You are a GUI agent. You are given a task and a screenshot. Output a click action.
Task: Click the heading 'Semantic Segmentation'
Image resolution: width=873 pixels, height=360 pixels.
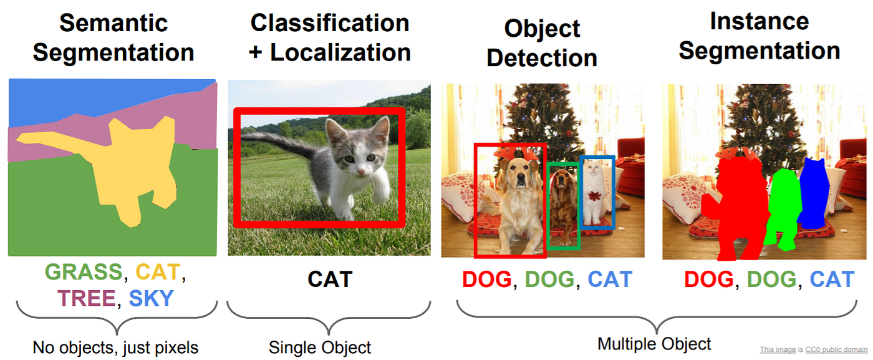pos(113,37)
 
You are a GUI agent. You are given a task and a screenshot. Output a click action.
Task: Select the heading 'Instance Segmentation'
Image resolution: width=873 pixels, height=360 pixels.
pos(759,36)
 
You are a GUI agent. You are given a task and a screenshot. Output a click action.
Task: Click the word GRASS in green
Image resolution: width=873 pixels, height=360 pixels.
pos(84,273)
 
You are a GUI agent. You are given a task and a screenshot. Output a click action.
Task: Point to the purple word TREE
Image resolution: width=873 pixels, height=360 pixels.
pos(87,299)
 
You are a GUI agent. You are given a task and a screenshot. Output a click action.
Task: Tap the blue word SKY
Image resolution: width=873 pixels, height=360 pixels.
pos(151,299)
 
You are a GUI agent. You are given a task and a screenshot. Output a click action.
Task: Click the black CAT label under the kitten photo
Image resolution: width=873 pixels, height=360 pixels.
pos(329,279)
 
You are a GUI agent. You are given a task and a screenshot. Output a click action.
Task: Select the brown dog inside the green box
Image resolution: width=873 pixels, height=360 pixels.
pos(563,200)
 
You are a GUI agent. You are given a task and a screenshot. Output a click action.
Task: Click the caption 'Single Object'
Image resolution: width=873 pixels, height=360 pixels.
pos(320,347)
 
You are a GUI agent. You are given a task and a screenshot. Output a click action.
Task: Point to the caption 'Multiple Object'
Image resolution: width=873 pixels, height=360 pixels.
pos(654,343)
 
